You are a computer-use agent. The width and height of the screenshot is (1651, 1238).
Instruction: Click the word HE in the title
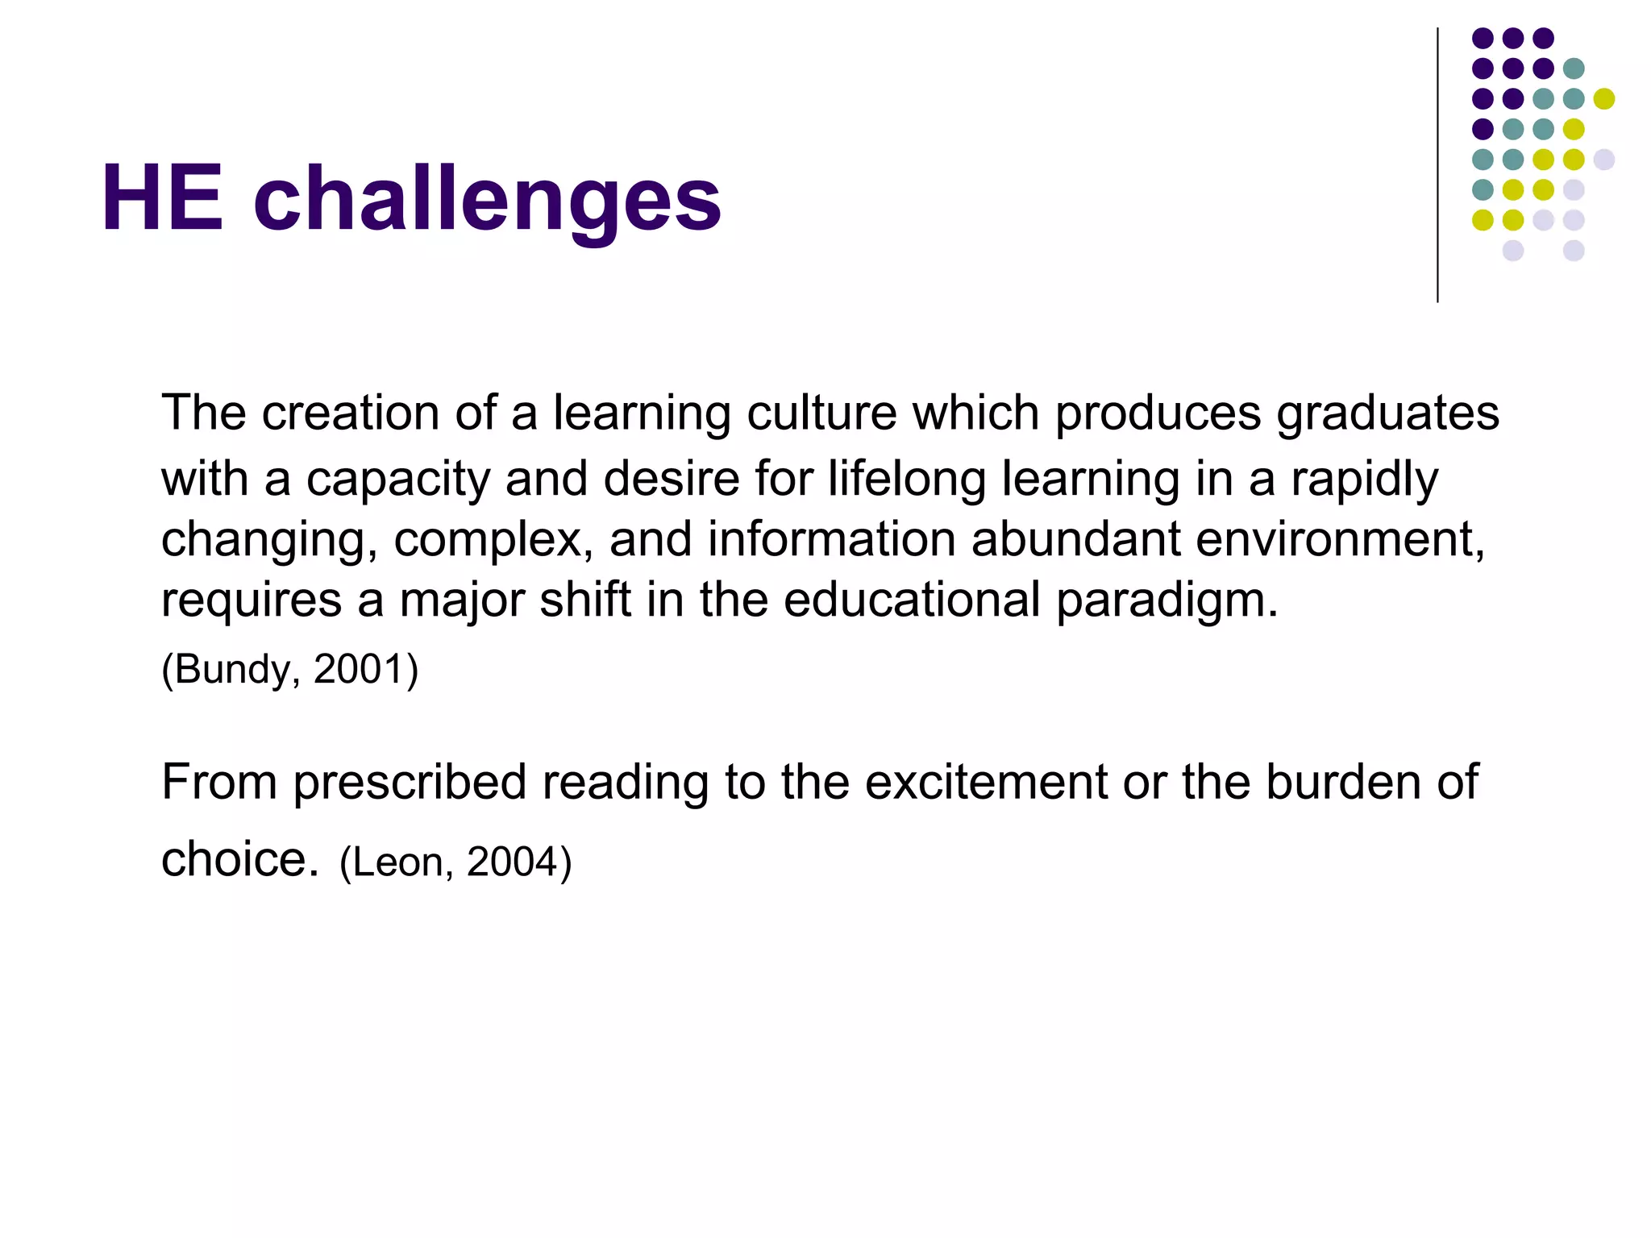(162, 198)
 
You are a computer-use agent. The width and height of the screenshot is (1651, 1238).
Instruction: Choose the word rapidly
(1364, 480)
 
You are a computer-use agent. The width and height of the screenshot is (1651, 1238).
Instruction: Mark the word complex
(493, 540)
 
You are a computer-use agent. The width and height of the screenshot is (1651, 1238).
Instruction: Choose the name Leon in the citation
(398, 862)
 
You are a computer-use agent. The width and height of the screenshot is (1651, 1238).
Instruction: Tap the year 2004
(512, 862)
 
